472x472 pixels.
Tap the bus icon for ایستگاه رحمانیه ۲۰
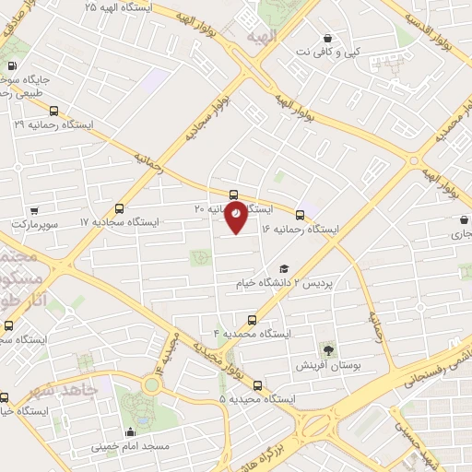tap(233, 195)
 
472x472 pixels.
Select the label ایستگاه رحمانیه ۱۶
tap(300, 228)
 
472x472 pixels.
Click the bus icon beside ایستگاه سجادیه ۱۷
tap(118, 208)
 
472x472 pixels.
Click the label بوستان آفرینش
tap(327, 365)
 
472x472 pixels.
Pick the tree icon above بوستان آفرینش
tap(327, 348)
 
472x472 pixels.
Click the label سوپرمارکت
tap(34, 224)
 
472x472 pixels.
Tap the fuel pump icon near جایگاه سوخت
tap(11, 65)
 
